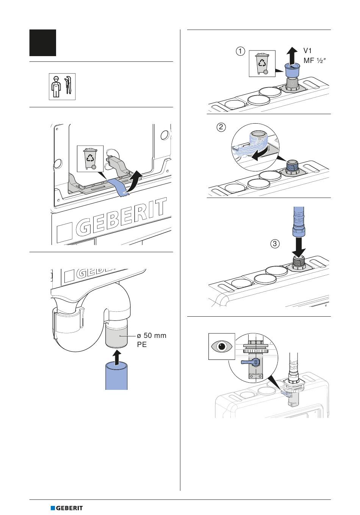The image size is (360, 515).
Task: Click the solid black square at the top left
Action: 43,43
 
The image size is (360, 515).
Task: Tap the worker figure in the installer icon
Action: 55,86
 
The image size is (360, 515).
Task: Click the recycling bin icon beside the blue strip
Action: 90,159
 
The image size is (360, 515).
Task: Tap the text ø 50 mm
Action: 152,336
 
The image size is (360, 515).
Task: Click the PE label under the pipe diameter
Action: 142,345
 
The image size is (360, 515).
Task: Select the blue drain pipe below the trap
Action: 116,376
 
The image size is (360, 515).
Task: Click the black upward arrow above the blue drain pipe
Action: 117,357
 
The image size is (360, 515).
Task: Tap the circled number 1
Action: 240,51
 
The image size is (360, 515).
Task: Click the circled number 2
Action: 221,127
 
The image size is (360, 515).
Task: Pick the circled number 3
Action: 275,243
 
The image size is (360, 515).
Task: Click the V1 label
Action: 308,50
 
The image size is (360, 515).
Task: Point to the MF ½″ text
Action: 315,61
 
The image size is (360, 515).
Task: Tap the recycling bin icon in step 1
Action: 262,63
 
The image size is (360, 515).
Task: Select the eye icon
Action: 222,346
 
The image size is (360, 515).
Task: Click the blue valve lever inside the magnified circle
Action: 250,362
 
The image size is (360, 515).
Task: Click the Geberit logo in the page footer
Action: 67,508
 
